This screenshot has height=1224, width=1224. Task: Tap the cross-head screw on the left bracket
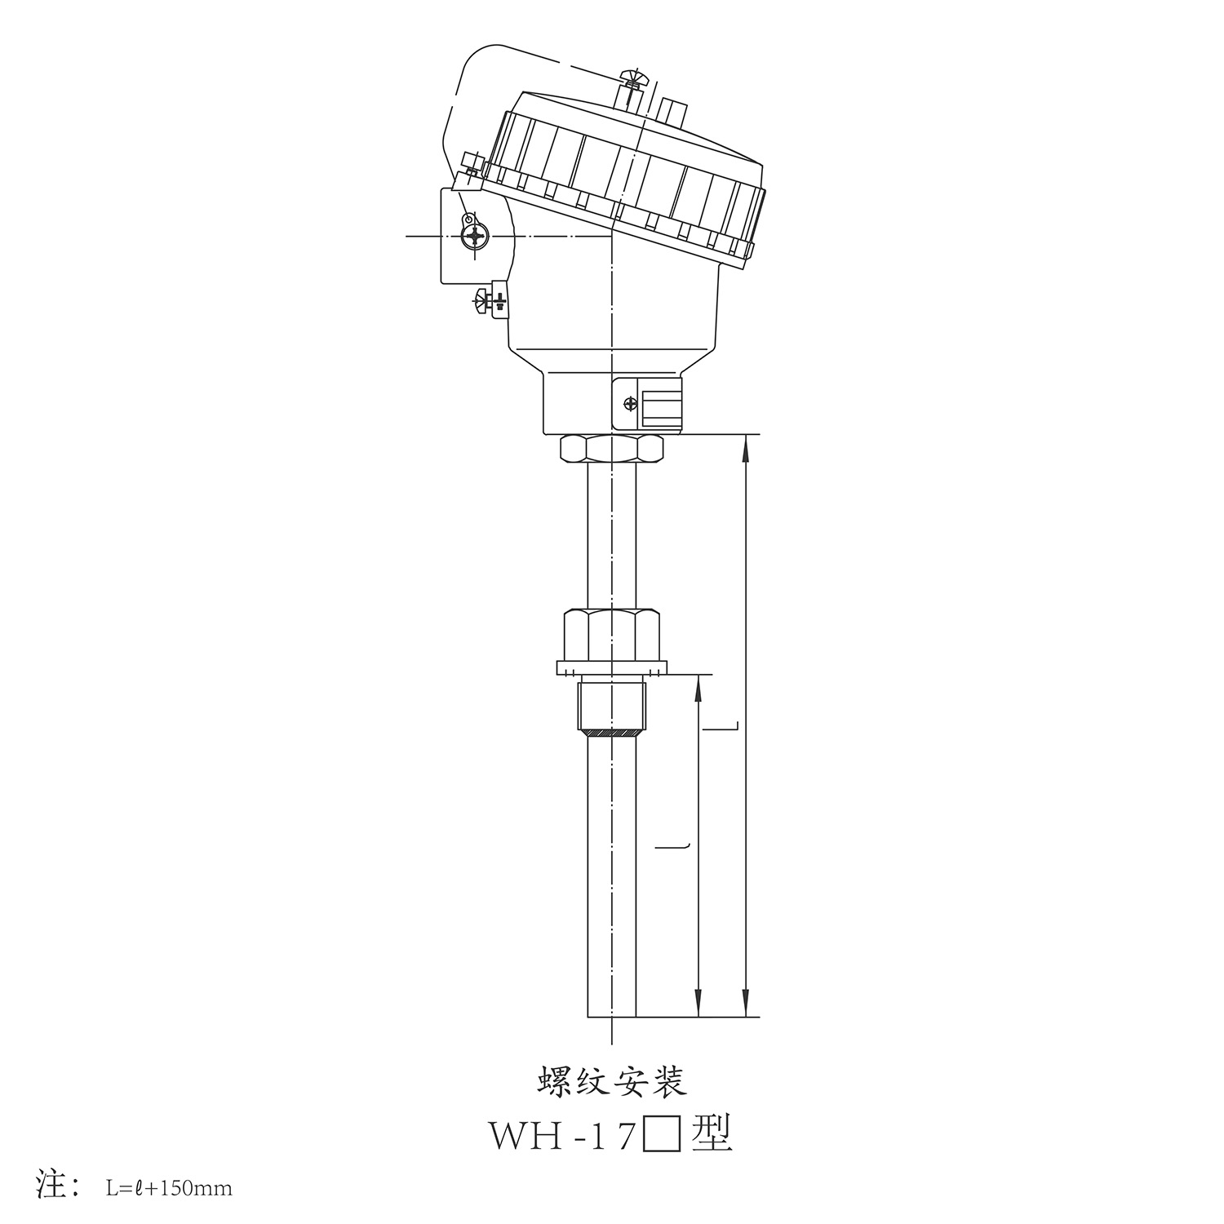[474, 237]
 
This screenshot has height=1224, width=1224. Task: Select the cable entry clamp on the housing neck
[648, 404]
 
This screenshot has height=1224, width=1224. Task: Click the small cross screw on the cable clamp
[629, 403]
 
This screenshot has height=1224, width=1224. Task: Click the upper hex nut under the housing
[612, 449]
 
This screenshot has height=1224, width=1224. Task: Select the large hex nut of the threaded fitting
[611, 633]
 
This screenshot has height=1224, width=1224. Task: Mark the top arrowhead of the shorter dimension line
[698, 687]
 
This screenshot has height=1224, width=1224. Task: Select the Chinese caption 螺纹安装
[612, 1083]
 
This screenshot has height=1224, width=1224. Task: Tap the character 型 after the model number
[711, 1135]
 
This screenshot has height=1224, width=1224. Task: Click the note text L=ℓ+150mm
[169, 1188]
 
